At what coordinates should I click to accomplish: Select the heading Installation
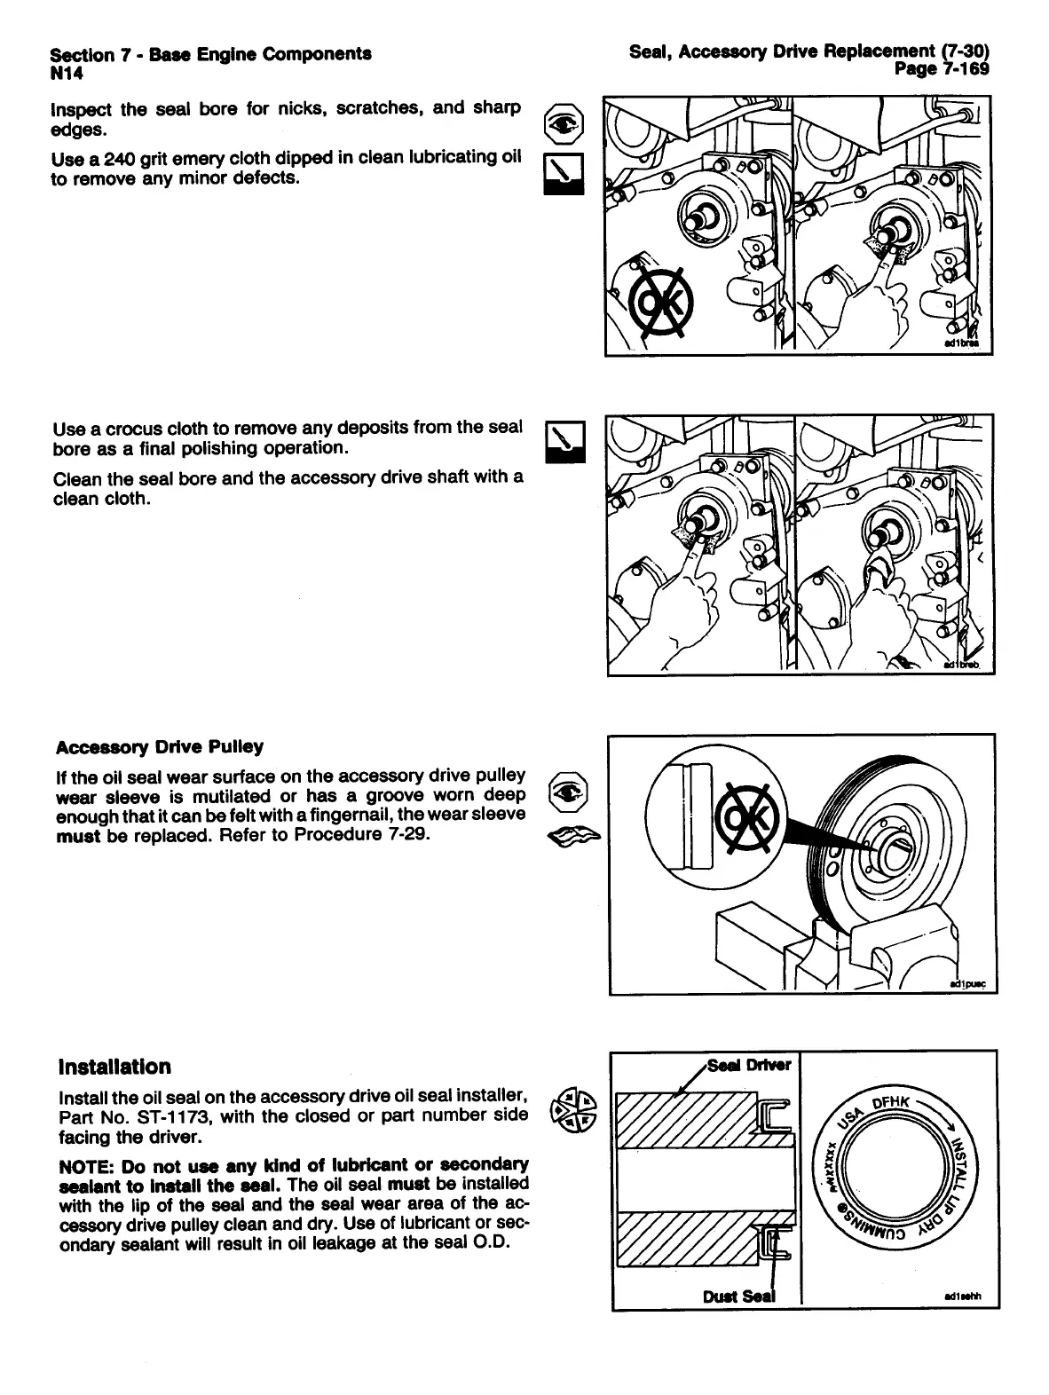click(x=114, y=1066)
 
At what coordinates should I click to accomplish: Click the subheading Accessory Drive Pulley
click(x=160, y=746)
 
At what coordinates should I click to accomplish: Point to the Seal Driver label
click(x=750, y=1064)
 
